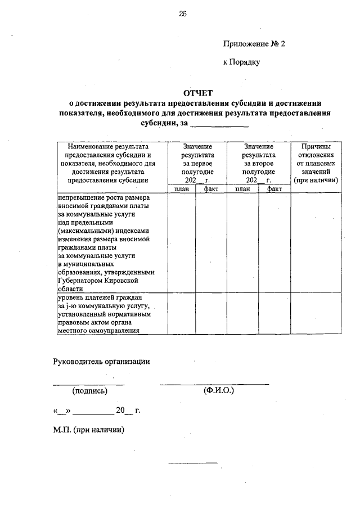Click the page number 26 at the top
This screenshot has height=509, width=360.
[183, 15]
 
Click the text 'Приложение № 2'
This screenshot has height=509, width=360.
[254, 43]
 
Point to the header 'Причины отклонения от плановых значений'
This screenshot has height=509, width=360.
[316, 163]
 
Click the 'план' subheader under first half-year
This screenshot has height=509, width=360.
[181, 189]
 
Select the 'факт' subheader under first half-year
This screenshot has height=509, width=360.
[211, 189]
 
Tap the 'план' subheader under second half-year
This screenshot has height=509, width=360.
[242, 189]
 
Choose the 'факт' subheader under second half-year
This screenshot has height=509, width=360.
[274, 189]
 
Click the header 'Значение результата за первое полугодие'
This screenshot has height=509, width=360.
[197, 163]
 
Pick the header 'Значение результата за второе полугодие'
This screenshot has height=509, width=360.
[259, 163]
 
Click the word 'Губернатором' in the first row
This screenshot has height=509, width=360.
[82, 280]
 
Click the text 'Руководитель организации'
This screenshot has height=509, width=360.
[102, 362]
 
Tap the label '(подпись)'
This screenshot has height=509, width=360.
[89, 390]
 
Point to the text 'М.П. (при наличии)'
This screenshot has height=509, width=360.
[89, 430]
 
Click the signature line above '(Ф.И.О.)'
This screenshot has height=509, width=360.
[214, 385]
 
